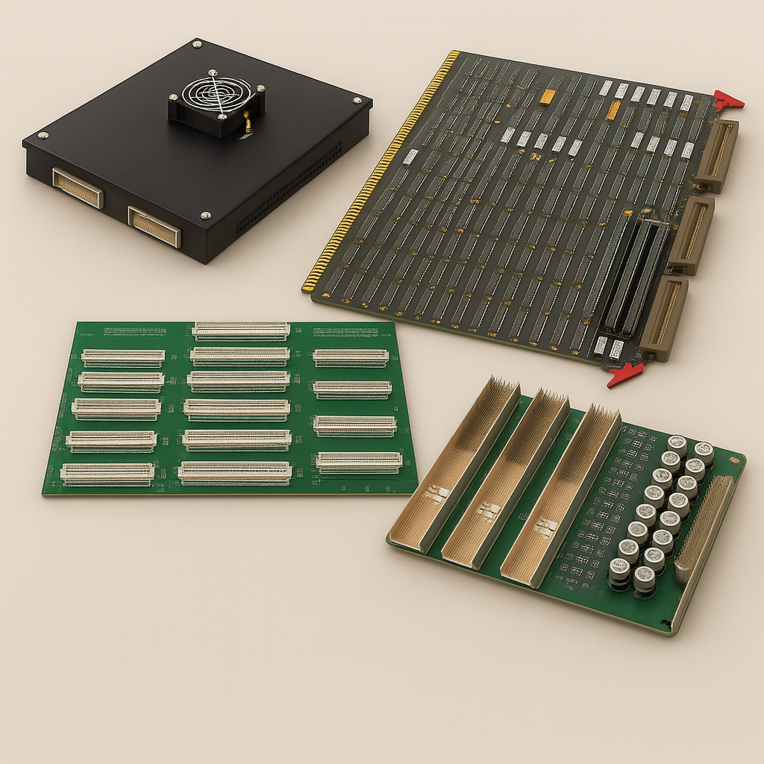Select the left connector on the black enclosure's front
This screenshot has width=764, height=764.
click(77, 188)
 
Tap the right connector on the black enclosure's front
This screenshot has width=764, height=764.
click(154, 227)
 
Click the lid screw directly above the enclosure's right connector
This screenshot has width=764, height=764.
click(204, 216)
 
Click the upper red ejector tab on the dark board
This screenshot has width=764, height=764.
click(728, 100)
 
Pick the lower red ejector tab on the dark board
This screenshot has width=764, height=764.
click(624, 375)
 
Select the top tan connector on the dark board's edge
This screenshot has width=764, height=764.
click(718, 156)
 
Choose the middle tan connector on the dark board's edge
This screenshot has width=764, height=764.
click(691, 234)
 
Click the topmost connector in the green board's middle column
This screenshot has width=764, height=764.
click(241, 331)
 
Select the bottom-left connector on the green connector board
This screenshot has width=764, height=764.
click(107, 473)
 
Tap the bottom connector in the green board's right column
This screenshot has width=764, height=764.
click(359, 463)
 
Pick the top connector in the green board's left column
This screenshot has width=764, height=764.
click(123, 357)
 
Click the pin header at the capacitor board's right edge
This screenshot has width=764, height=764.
click(702, 529)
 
